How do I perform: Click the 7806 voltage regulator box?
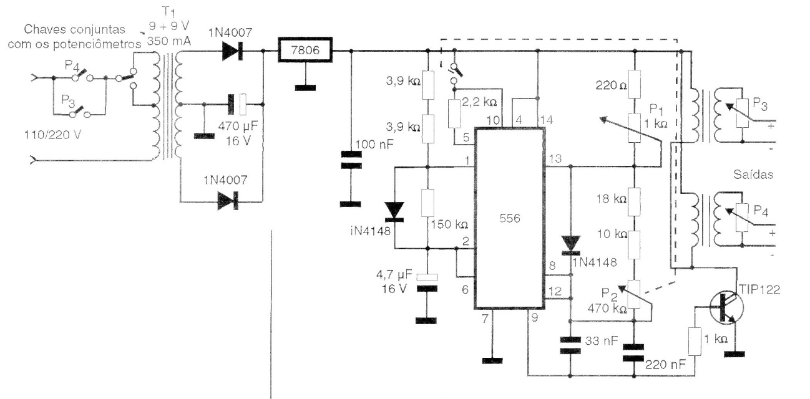click(304, 51)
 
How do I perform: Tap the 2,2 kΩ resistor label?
click(480, 102)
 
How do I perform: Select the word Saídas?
click(754, 175)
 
